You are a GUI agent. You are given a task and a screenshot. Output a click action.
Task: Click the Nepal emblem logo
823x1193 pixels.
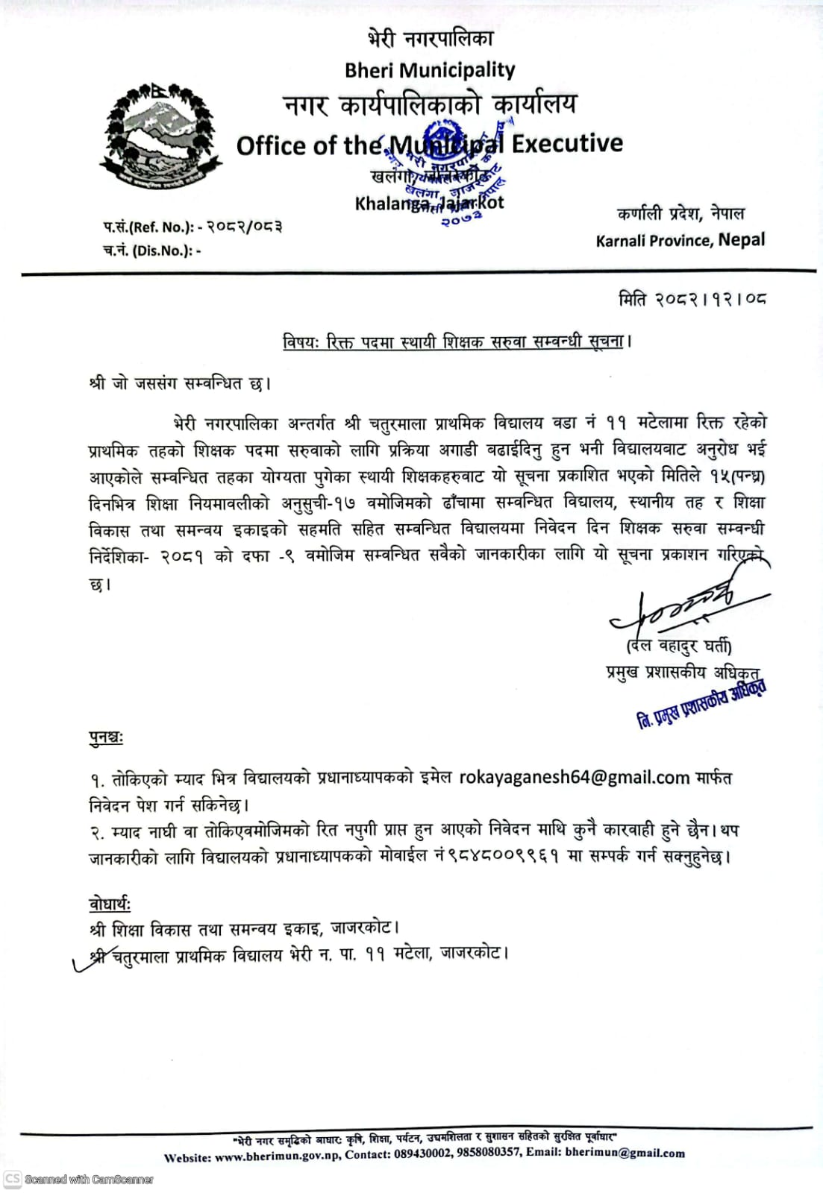(161, 137)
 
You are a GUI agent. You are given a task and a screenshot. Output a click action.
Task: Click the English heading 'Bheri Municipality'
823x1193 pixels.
(430, 70)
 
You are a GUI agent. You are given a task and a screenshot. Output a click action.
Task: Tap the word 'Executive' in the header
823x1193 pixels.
(567, 143)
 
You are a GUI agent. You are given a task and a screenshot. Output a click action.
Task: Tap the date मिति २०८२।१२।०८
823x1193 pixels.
(692, 300)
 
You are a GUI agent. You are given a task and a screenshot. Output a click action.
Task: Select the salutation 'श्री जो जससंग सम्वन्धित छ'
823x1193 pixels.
(180, 384)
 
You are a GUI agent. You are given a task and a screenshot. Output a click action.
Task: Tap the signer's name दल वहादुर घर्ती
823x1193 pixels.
(678, 646)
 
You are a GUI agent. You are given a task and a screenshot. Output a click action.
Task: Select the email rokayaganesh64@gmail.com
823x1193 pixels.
(574, 777)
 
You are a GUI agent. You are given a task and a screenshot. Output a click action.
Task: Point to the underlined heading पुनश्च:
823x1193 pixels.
(106, 738)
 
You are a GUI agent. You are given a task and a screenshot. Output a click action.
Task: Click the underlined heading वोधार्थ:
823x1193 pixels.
(110, 904)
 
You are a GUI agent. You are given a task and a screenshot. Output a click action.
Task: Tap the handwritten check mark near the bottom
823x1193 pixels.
(93, 962)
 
